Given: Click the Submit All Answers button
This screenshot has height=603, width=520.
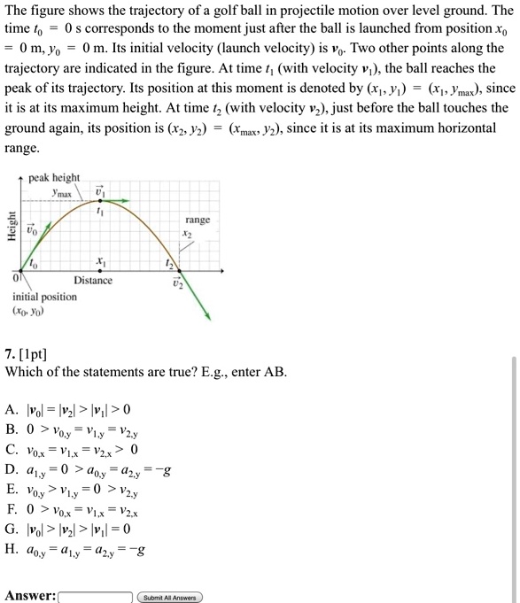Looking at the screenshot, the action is [169, 596].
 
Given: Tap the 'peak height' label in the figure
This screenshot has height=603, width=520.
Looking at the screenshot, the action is [54, 178].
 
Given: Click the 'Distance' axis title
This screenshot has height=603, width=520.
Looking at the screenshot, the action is [93, 280].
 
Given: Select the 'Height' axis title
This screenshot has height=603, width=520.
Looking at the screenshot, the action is [12, 227].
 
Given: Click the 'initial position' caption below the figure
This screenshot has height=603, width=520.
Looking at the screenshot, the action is [44, 297].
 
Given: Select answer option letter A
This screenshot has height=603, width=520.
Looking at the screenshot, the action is [10, 410].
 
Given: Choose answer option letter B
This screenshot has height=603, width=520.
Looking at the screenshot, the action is [10, 432].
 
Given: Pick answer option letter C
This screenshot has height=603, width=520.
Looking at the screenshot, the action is [10, 455].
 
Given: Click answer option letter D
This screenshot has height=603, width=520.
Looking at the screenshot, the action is [10, 478].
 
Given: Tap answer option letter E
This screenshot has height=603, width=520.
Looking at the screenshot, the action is [10, 501].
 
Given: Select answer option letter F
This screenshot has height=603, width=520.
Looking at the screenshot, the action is [10, 524].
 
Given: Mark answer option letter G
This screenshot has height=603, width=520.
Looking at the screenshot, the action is [10, 547].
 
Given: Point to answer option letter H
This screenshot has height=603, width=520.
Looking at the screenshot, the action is [10, 570].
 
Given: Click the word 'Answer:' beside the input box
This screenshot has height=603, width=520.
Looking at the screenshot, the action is [30, 596].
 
